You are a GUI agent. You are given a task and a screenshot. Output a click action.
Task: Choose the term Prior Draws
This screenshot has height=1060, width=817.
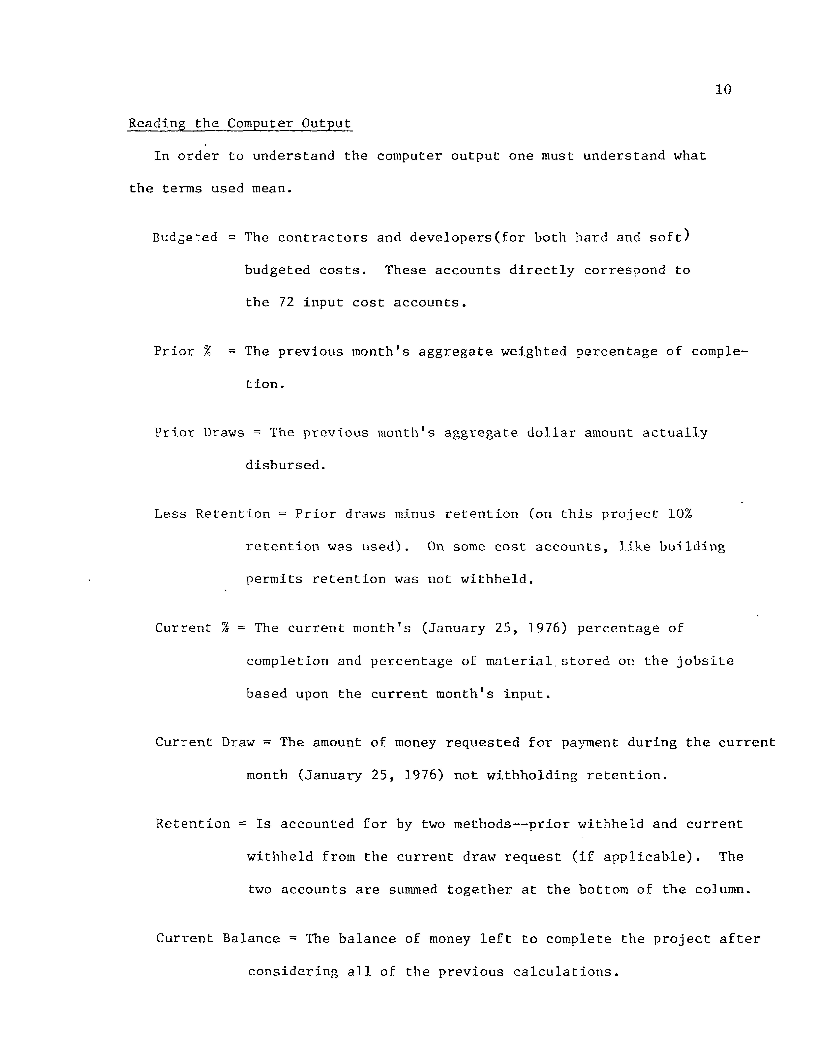[199, 432]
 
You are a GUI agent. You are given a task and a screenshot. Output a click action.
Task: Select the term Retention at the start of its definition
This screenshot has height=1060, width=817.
[193, 824]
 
